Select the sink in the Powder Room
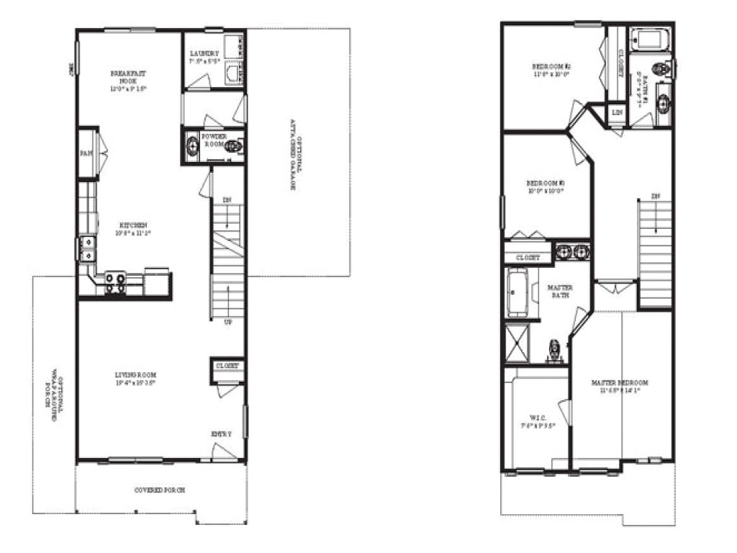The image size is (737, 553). tap(192, 146)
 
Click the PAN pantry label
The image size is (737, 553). tap(85, 153)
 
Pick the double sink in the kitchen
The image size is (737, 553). tap(88, 249)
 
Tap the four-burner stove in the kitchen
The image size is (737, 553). tap(115, 282)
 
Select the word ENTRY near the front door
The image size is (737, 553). tap(221, 433)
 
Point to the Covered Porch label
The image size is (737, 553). tap(160, 490)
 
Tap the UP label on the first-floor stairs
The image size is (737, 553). tap(228, 323)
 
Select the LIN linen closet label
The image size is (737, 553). tap(617, 112)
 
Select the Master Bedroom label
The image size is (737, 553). tap(620, 386)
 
